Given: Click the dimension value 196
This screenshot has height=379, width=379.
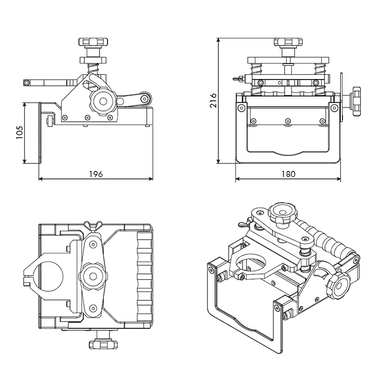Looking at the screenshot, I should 96,173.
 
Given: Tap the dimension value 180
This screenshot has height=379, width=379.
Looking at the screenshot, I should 288,174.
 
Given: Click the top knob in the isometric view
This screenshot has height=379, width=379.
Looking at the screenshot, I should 281,213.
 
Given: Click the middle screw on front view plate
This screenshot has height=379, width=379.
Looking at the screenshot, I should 288,121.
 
